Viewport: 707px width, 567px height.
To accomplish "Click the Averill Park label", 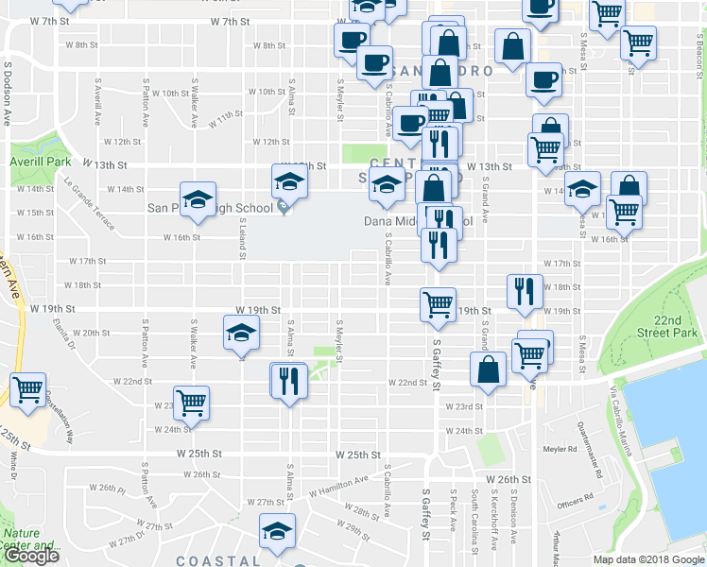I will tap(41, 162).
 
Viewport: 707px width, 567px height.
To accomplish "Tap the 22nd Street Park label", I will tap(680, 327).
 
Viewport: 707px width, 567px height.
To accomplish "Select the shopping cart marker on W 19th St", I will tap(438, 304).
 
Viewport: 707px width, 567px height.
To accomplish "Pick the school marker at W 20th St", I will tap(240, 334).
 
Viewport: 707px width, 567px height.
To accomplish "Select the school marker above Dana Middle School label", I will tap(386, 186).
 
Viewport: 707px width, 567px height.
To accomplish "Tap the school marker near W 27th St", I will tap(277, 532).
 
